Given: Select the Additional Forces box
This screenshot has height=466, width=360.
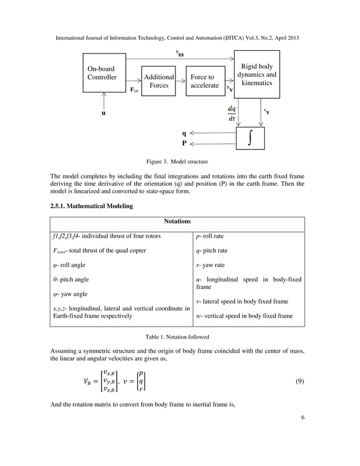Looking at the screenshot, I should click(x=159, y=81).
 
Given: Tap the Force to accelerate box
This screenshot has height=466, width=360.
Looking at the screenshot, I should click(x=204, y=81).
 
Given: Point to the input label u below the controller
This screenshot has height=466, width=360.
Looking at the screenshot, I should click(x=103, y=113).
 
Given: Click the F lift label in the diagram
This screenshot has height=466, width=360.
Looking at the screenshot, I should click(x=134, y=90).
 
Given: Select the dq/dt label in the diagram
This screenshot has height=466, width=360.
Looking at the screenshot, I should click(x=232, y=113).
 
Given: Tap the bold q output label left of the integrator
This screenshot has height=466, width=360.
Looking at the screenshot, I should click(x=184, y=134).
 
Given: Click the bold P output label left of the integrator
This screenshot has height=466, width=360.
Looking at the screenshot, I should click(x=184, y=143).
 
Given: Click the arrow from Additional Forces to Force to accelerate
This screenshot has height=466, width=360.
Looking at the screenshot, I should click(x=181, y=81).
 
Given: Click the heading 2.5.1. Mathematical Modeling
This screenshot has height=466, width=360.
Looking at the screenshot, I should click(x=92, y=206).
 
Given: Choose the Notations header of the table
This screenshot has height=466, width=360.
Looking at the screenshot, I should click(x=177, y=222).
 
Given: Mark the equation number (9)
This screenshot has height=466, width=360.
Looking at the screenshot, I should click(x=300, y=381).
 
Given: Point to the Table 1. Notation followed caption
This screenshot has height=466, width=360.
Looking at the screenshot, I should click(x=177, y=337).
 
